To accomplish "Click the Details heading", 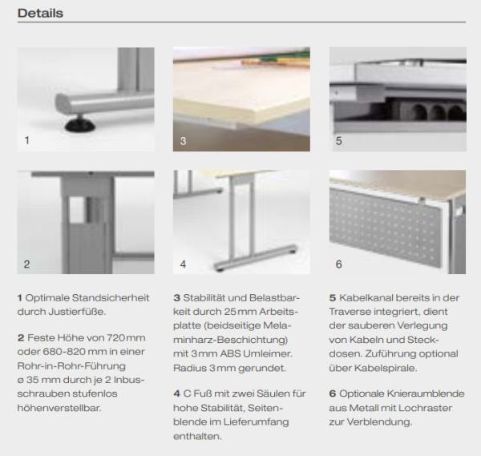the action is (x=41, y=13).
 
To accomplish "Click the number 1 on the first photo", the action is (x=27, y=140).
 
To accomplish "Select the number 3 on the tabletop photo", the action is (x=183, y=141).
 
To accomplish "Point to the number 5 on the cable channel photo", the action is (x=338, y=141).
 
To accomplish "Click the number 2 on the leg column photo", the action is (x=27, y=264).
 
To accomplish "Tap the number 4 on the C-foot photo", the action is (x=183, y=264).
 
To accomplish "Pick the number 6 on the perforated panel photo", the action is (x=338, y=264).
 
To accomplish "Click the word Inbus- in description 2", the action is (x=129, y=380).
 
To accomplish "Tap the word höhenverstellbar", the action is (x=59, y=408).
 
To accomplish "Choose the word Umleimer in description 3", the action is (x=268, y=353).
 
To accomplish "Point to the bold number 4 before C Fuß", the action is (x=176, y=393).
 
